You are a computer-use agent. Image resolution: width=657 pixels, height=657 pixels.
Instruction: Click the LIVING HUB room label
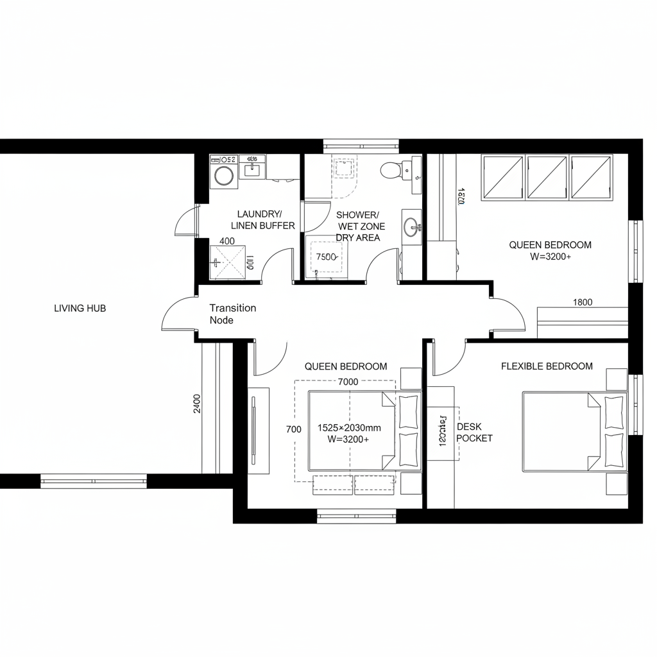click(80, 308)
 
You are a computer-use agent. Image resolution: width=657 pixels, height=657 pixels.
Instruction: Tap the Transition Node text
click(232, 314)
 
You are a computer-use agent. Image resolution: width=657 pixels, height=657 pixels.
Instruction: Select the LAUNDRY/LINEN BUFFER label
click(262, 219)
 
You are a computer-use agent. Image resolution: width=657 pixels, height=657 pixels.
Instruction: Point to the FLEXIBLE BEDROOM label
click(547, 366)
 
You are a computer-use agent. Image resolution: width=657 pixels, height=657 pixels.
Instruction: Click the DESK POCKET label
click(474, 432)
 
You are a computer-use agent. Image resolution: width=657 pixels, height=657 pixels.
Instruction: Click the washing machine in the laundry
click(224, 175)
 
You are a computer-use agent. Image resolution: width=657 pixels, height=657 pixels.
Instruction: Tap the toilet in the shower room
click(391, 170)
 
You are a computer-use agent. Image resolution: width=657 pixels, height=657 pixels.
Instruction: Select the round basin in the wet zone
click(411, 226)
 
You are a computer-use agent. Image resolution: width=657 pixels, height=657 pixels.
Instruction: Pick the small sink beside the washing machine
click(252, 169)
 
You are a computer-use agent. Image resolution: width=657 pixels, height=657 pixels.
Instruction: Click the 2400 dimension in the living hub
click(196, 404)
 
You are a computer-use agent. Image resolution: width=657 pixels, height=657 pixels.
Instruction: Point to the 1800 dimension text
click(582, 302)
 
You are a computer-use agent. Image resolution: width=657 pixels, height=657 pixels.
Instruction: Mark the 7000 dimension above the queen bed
click(348, 382)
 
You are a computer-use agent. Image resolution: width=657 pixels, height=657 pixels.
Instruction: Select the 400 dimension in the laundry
click(226, 241)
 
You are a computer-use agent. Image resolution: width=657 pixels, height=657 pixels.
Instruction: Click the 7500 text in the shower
click(327, 257)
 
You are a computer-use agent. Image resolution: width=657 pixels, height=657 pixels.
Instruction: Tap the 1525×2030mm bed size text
click(349, 427)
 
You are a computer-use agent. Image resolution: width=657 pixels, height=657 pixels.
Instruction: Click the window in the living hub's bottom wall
click(94, 481)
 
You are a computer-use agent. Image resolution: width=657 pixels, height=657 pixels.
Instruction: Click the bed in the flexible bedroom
click(565, 432)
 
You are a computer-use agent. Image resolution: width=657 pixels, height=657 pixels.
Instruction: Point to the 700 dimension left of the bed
click(294, 429)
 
